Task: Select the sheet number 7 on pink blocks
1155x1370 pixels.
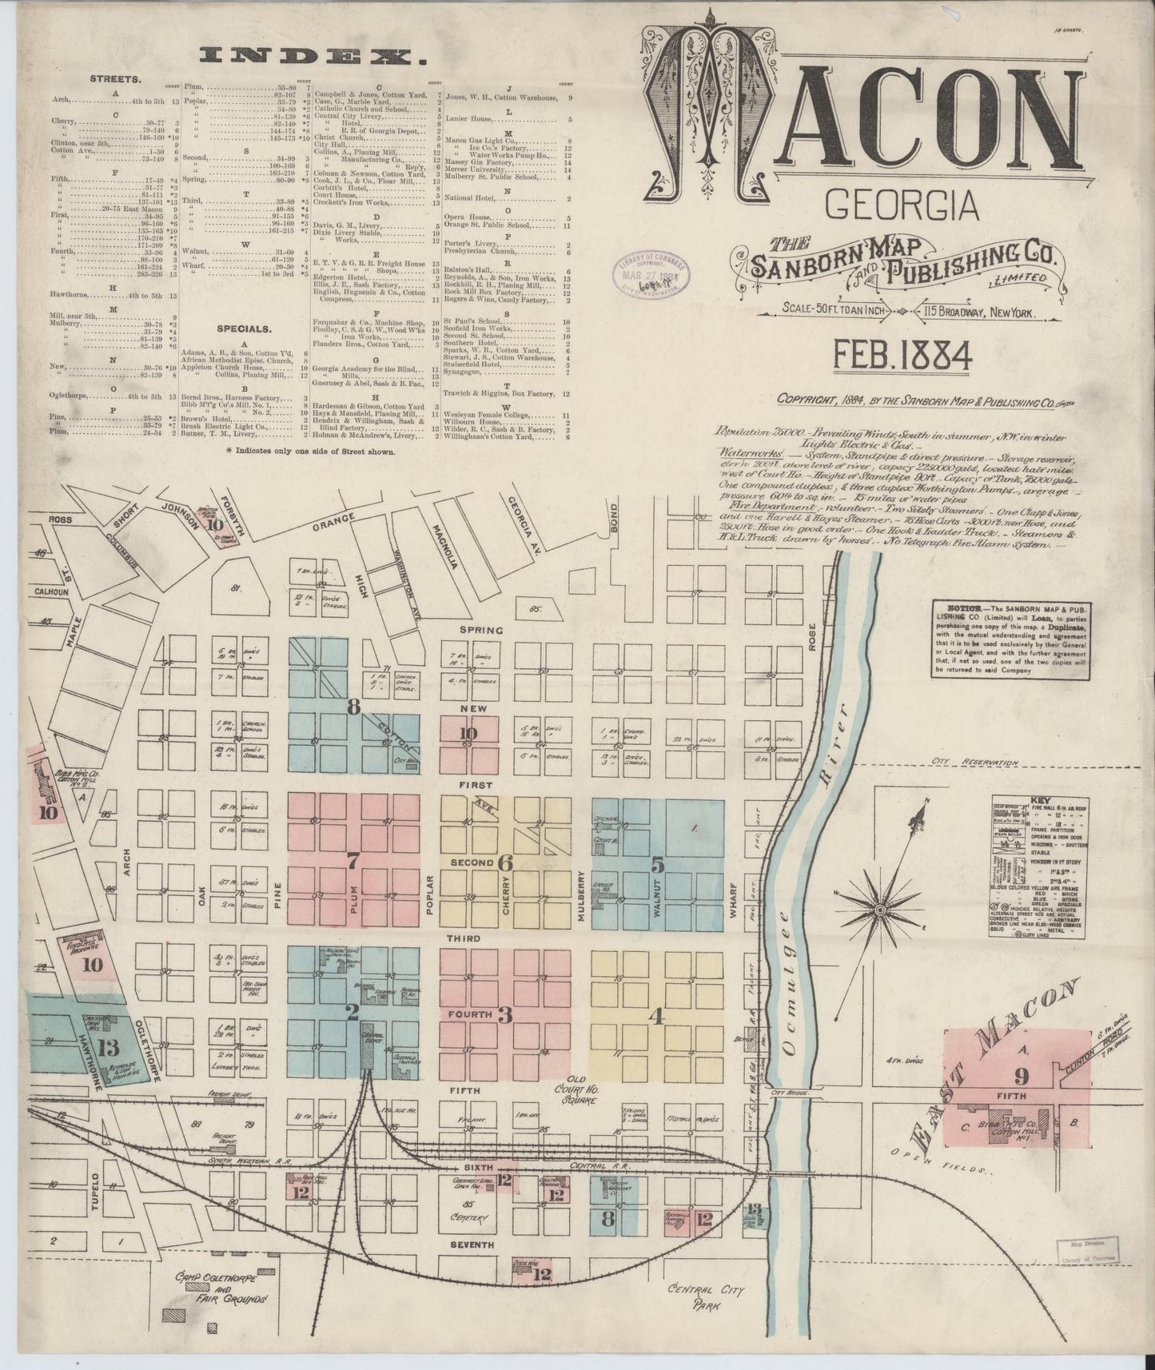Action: click(352, 862)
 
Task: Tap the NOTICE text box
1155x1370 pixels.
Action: click(1011, 642)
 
